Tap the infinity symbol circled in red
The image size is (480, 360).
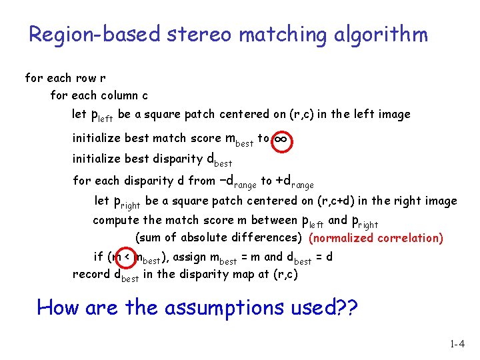[281, 139]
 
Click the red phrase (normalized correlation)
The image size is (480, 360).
[377, 238]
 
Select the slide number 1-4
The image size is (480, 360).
[457, 345]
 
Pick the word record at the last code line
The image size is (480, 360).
[91, 274]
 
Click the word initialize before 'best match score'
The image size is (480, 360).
[97, 139]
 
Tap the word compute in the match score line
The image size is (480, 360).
[117, 221]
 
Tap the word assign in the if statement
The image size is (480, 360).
[189, 257]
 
